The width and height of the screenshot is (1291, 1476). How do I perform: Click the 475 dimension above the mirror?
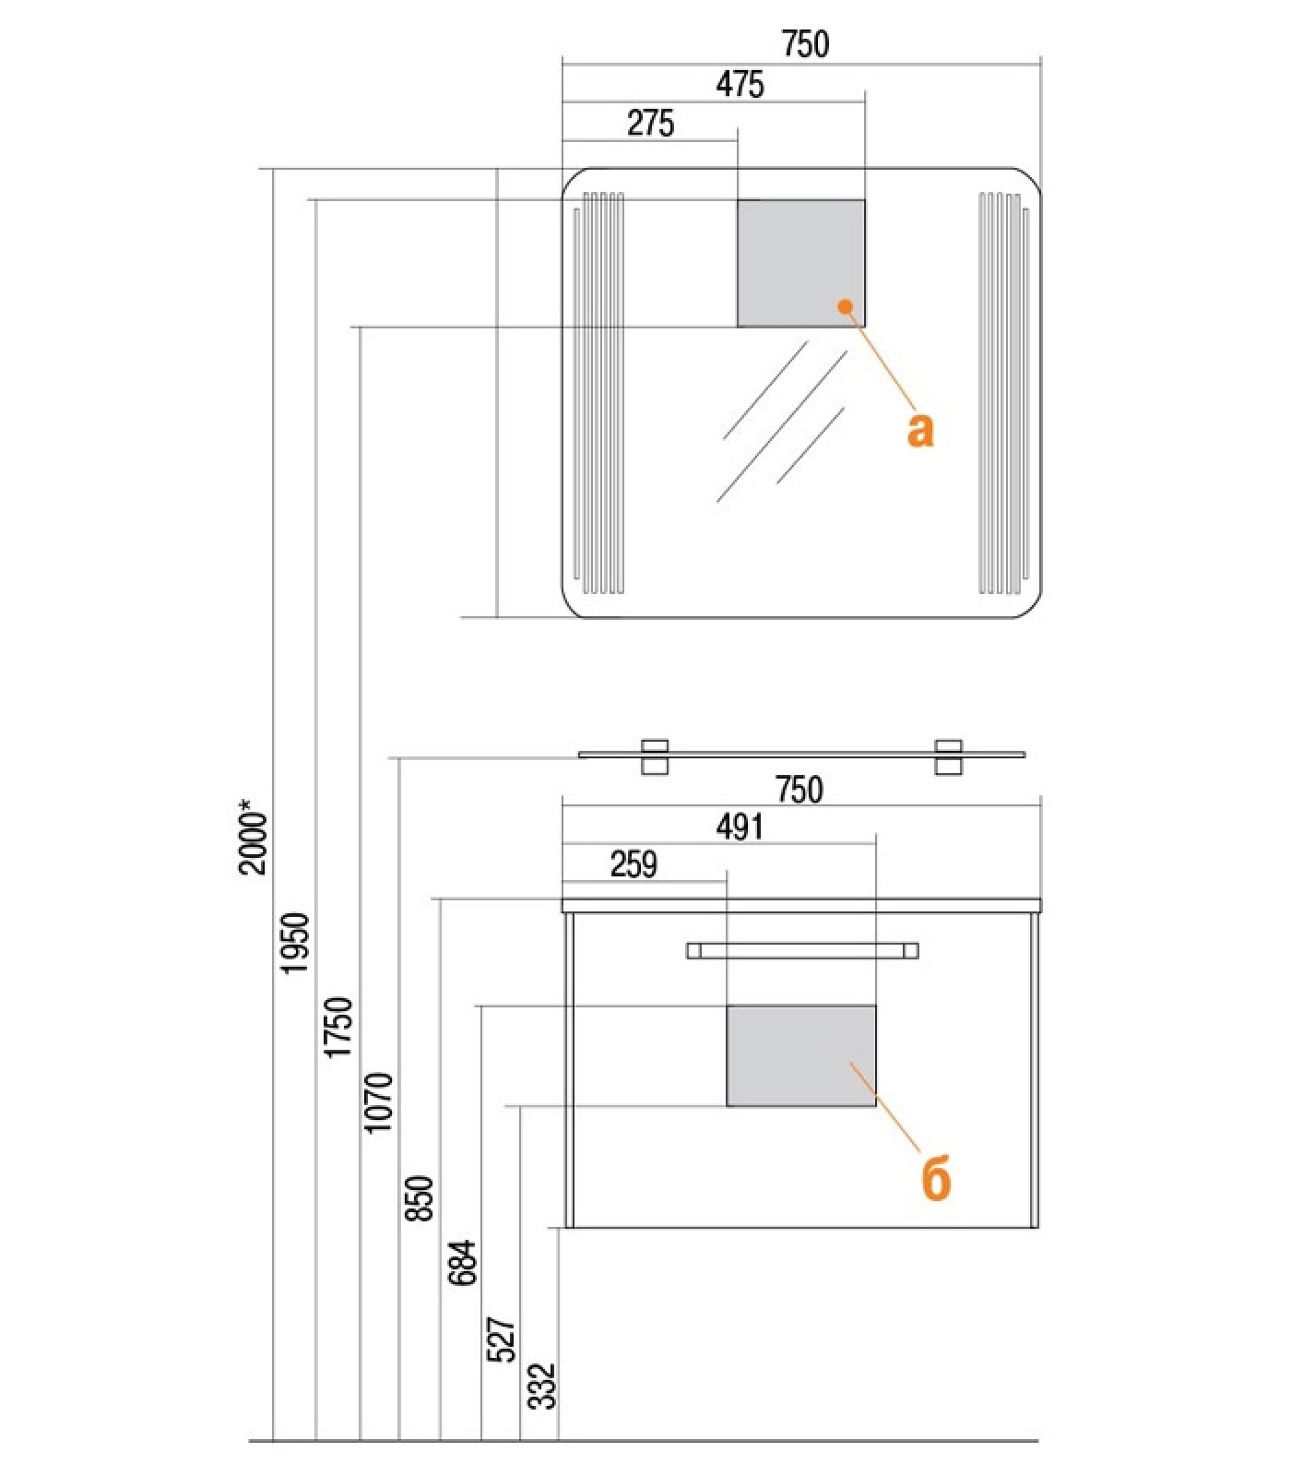pyautogui.click(x=740, y=84)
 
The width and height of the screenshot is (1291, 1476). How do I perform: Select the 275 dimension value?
pyautogui.click(x=650, y=123)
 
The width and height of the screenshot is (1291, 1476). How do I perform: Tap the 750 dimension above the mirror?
pyautogui.click(x=805, y=43)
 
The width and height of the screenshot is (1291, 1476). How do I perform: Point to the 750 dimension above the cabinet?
pyautogui.click(x=799, y=790)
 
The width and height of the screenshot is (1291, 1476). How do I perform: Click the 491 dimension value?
pyautogui.click(x=740, y=827)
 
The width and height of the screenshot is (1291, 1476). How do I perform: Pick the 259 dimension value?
pyautogui.click(x=634, y=864)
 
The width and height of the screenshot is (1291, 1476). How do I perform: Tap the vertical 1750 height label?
pyautogui.click(x=338, y=1027)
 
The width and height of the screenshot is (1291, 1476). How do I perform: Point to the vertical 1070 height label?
pyautogui.click(x=378, y=1102)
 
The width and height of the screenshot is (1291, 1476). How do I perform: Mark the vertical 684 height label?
pyautogui.click(x=462, y=1262)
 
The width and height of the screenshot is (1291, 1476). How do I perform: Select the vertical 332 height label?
pyautogui.click(x=541, y=1387)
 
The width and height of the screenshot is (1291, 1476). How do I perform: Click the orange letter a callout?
pyautogui.click(x=920, y=430)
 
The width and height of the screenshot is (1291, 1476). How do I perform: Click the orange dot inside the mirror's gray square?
pyautogui.click(x=845, y=305)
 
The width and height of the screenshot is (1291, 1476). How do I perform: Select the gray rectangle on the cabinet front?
pyautogui.click(x=801, y=1055)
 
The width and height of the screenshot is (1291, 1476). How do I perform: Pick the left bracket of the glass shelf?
pyautogui.click(x=655, y=756)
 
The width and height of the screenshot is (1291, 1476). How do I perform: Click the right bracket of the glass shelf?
pyautogui.click(x=949, y=756)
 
